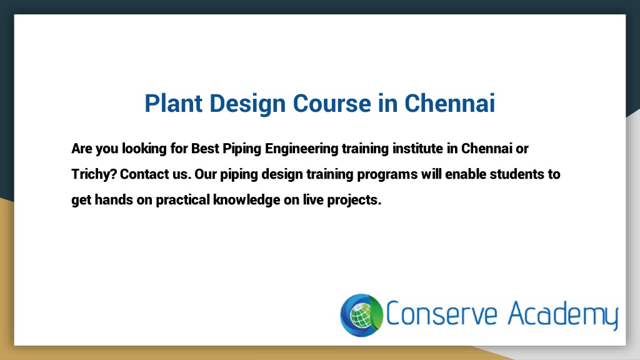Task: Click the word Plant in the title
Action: click(x=174, y=103)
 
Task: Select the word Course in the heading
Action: click(x=332, y=103)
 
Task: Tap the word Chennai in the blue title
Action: click(x=450, y=103)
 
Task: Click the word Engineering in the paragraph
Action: click(x=302, y=149)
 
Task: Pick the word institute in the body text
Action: click(x=417, y=149)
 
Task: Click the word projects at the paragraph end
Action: click(x=354, y=201)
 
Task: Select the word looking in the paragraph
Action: click(x=144, y=149)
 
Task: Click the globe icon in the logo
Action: click(x=362, y=315)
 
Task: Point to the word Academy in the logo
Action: click(x=563, y=315)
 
